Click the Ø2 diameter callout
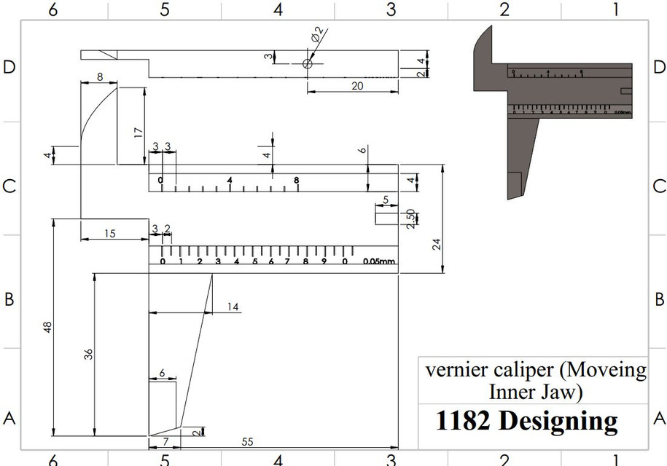pyautogui.click(x=318, y=34)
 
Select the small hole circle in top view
pyautogui.click(x=308, y=64)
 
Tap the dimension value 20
pyautogui.click(x=357, y=85)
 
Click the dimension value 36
pyautogui.click(x=89, y=355)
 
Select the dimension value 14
pyautogui.click(x=233, y=307)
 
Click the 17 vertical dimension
pyautogui.click(x=138, y=133)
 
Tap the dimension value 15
pyautogui.click(x=109, y=234)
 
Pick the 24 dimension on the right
pyautogui.click(x=437, y=244)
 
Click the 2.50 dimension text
pyautogui.click(x=410, y=218)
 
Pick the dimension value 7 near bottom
pyautogui.click(x=165, y=442)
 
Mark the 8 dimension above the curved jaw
pyautogui.click(x=99, y=76)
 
